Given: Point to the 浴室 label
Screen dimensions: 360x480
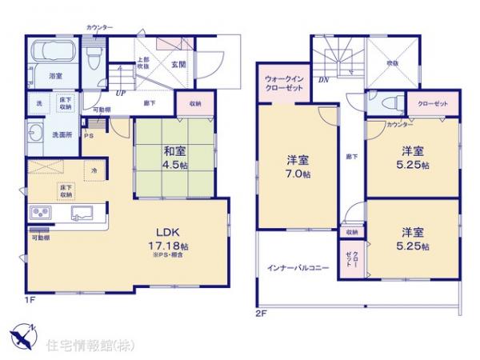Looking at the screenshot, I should [x=55, y=76].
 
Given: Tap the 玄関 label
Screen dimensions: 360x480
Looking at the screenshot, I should [x=177, y=65].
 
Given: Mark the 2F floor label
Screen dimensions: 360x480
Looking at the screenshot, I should [x=261, y=313].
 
